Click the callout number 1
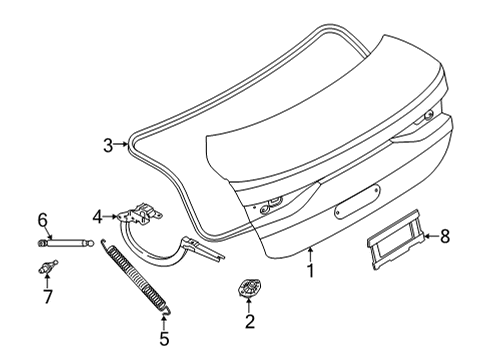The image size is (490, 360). click(x=310, y=270)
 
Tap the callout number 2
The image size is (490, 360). click(x=250, y=321)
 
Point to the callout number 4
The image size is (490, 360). click(x=97, y=215)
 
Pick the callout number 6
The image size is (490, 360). click(x=43, y=218)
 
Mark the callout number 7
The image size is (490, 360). click(x=45, y=297)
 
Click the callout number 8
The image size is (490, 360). click(x=446, y=237)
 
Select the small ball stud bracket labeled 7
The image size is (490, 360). click(x=46, y=266)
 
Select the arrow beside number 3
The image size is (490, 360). click(x=123, y=145)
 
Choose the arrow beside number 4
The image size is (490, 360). click(x=111, y=215)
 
